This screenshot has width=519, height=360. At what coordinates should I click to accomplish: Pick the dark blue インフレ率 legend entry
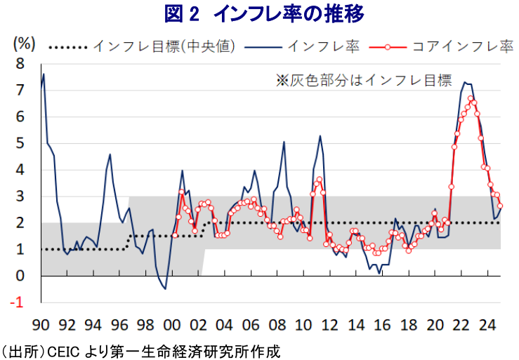[x=324, y=46]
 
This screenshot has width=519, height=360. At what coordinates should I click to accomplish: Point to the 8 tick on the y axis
[x=20, y=63]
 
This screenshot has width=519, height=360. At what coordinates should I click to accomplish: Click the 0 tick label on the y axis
[x=20, y=276]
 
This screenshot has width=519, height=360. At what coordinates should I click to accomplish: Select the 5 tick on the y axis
[x=20, y=143]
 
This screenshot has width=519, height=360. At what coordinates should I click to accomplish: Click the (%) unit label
[x=23, y=43]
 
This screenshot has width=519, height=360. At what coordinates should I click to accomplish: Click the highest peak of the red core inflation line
[x=471, y=99]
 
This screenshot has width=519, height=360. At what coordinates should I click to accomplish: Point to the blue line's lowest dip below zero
[x=165, y=288]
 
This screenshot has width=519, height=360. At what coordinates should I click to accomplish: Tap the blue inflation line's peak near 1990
[x=44, y=74]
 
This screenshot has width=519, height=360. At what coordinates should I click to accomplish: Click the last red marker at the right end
[x=500, y=206]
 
